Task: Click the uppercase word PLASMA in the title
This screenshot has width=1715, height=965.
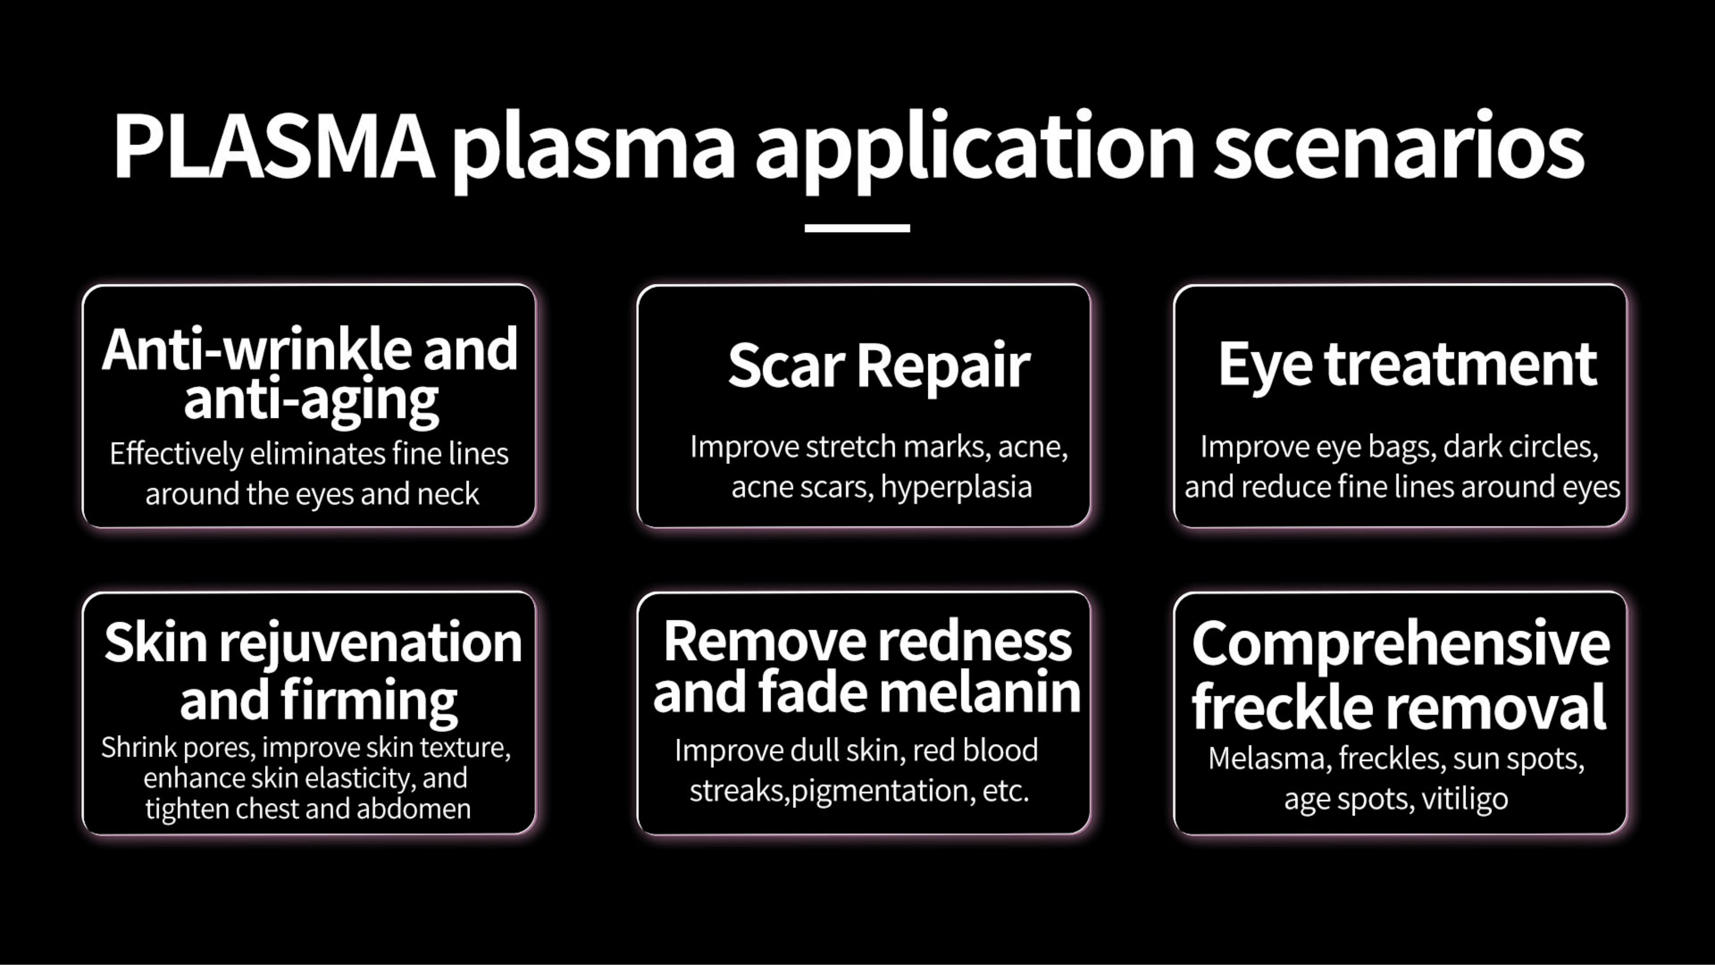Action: click(274, 146)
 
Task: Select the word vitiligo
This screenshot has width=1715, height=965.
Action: click(1465, 798)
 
